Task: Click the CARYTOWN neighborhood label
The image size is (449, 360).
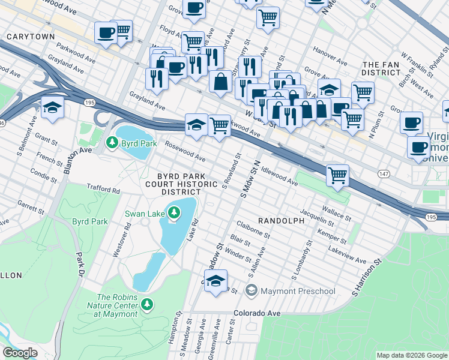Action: pyautogui.click(x=31, y=37)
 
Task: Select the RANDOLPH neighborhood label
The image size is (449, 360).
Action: pyautogui.click(x=282, y=221)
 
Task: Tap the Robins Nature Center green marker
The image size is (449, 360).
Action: pyautogui.click(x=147, y=306)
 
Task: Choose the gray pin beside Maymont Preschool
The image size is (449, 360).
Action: pyautogui.click(x=251, y=292)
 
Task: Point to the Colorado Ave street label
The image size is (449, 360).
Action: pyautogui.click(x=257, y=313)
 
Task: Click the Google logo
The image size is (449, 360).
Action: pyautogui.click(x=20, y=353)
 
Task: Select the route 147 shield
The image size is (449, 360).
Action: pyautogui.click(x=382, y=173)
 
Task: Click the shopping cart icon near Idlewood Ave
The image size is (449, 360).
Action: pyautogui.click(x=338, y=175)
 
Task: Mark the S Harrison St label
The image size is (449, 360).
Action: pyautogui.click(x=367, y=277)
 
